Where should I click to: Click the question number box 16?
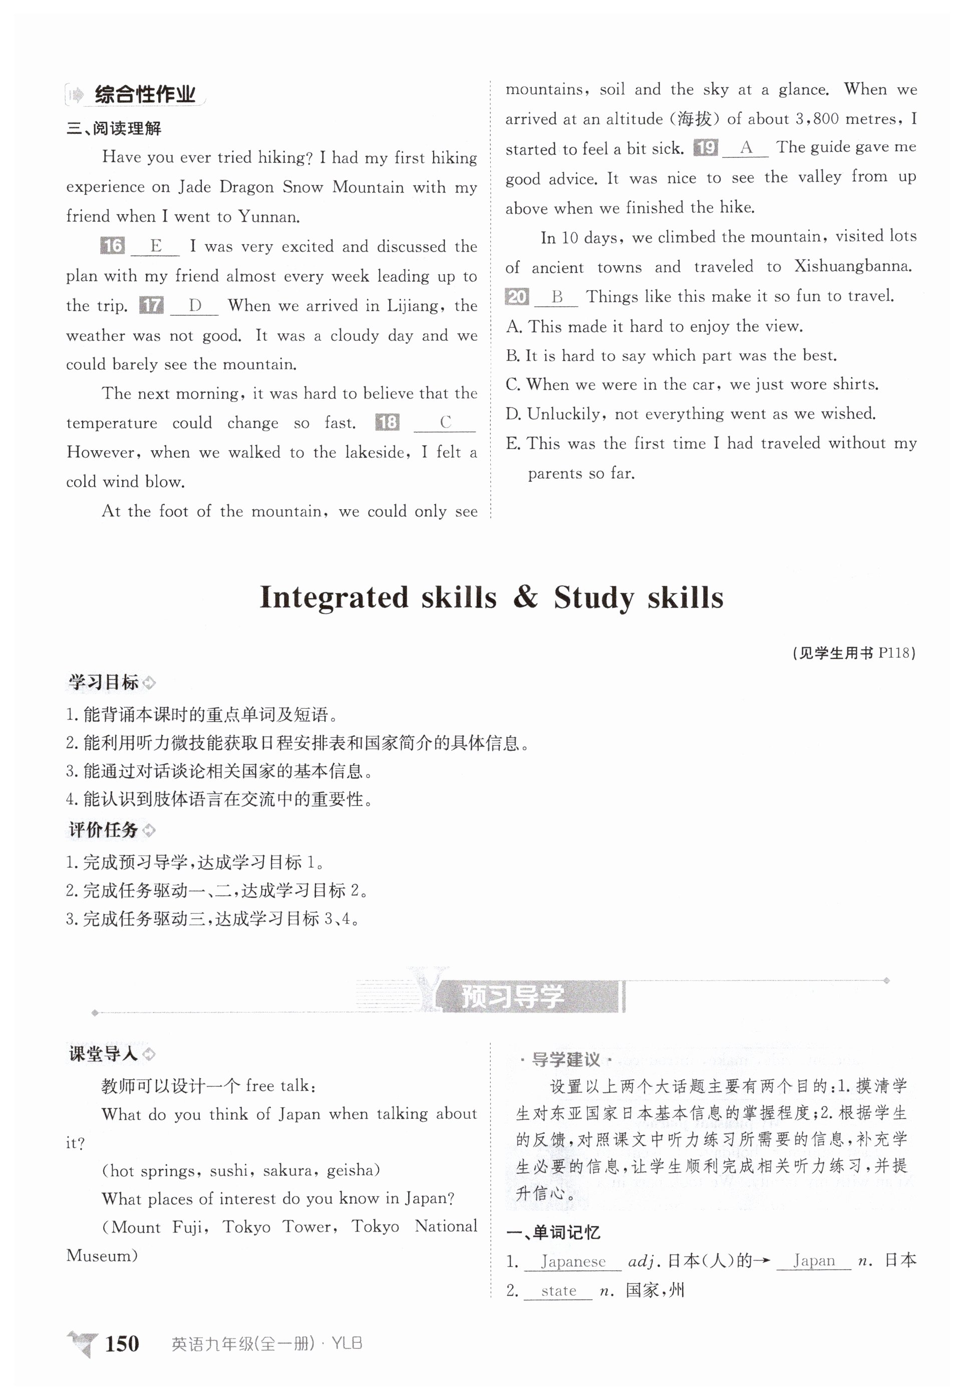[x=112, y=246]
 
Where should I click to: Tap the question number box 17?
[x=151, y=305]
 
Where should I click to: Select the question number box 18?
[x=387, y=422]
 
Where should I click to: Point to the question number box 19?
[x=706, y=147]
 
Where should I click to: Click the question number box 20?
[x=517, y=296]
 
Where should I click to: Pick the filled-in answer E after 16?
[x=156, y=246]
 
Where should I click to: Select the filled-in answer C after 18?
[x=445, y=422]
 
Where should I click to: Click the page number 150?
[x=122, y=1343]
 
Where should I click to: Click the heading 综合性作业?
[x=145, y=95]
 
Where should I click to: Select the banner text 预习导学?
[x=512, y=996]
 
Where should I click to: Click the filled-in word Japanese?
[x=572, y=1261]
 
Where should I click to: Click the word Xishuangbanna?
[x=853, y=266]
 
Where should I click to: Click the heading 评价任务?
[x=103, y=830]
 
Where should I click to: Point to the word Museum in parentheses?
[x=99, y=1256]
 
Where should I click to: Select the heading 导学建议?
[x=565, y=1059]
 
